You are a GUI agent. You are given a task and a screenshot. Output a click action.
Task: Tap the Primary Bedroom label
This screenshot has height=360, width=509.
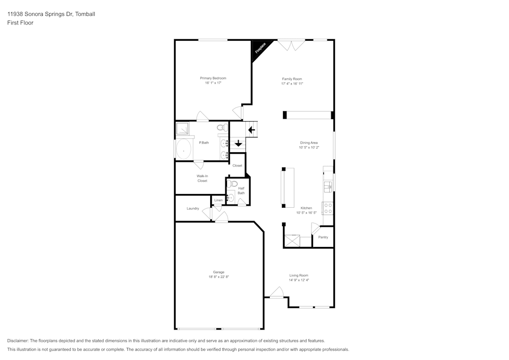point(213,78)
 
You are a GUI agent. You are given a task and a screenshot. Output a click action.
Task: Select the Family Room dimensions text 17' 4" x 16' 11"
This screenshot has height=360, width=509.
point(292,84)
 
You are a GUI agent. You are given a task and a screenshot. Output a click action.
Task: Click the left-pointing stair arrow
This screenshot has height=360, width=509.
point(251,130)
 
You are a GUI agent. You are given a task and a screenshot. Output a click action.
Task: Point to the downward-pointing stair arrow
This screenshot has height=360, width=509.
point(238,143)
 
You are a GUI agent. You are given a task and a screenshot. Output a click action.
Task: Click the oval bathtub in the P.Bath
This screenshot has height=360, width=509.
point(183,150)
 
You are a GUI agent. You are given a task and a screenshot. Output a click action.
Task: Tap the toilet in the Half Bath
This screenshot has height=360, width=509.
point(233,183)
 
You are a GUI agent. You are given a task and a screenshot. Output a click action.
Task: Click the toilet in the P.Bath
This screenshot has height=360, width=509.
point(221,128)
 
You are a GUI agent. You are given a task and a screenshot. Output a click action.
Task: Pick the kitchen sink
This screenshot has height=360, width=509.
point(328,186)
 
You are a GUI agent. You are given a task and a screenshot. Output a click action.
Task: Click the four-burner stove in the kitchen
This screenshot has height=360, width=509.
point(328,208)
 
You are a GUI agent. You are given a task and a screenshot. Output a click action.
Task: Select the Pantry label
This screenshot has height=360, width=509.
point(323,237)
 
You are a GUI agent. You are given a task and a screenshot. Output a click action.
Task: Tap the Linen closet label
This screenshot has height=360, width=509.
point(218,201)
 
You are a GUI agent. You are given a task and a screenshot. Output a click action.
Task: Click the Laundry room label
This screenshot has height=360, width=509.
point(193,208)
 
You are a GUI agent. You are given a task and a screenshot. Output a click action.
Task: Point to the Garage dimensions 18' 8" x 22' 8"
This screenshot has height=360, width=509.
point(219,277)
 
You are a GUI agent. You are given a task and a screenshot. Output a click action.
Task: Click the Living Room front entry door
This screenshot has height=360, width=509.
point(276,293)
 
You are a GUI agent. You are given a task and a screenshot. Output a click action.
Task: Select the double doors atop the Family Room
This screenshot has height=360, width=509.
point(291,45)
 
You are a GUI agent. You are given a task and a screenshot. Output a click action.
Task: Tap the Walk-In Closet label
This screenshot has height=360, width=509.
point(202,178)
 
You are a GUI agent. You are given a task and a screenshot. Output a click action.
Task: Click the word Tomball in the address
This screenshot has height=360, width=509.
point(86,14)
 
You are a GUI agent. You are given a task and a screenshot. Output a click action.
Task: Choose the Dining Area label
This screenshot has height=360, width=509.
point(308,143)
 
